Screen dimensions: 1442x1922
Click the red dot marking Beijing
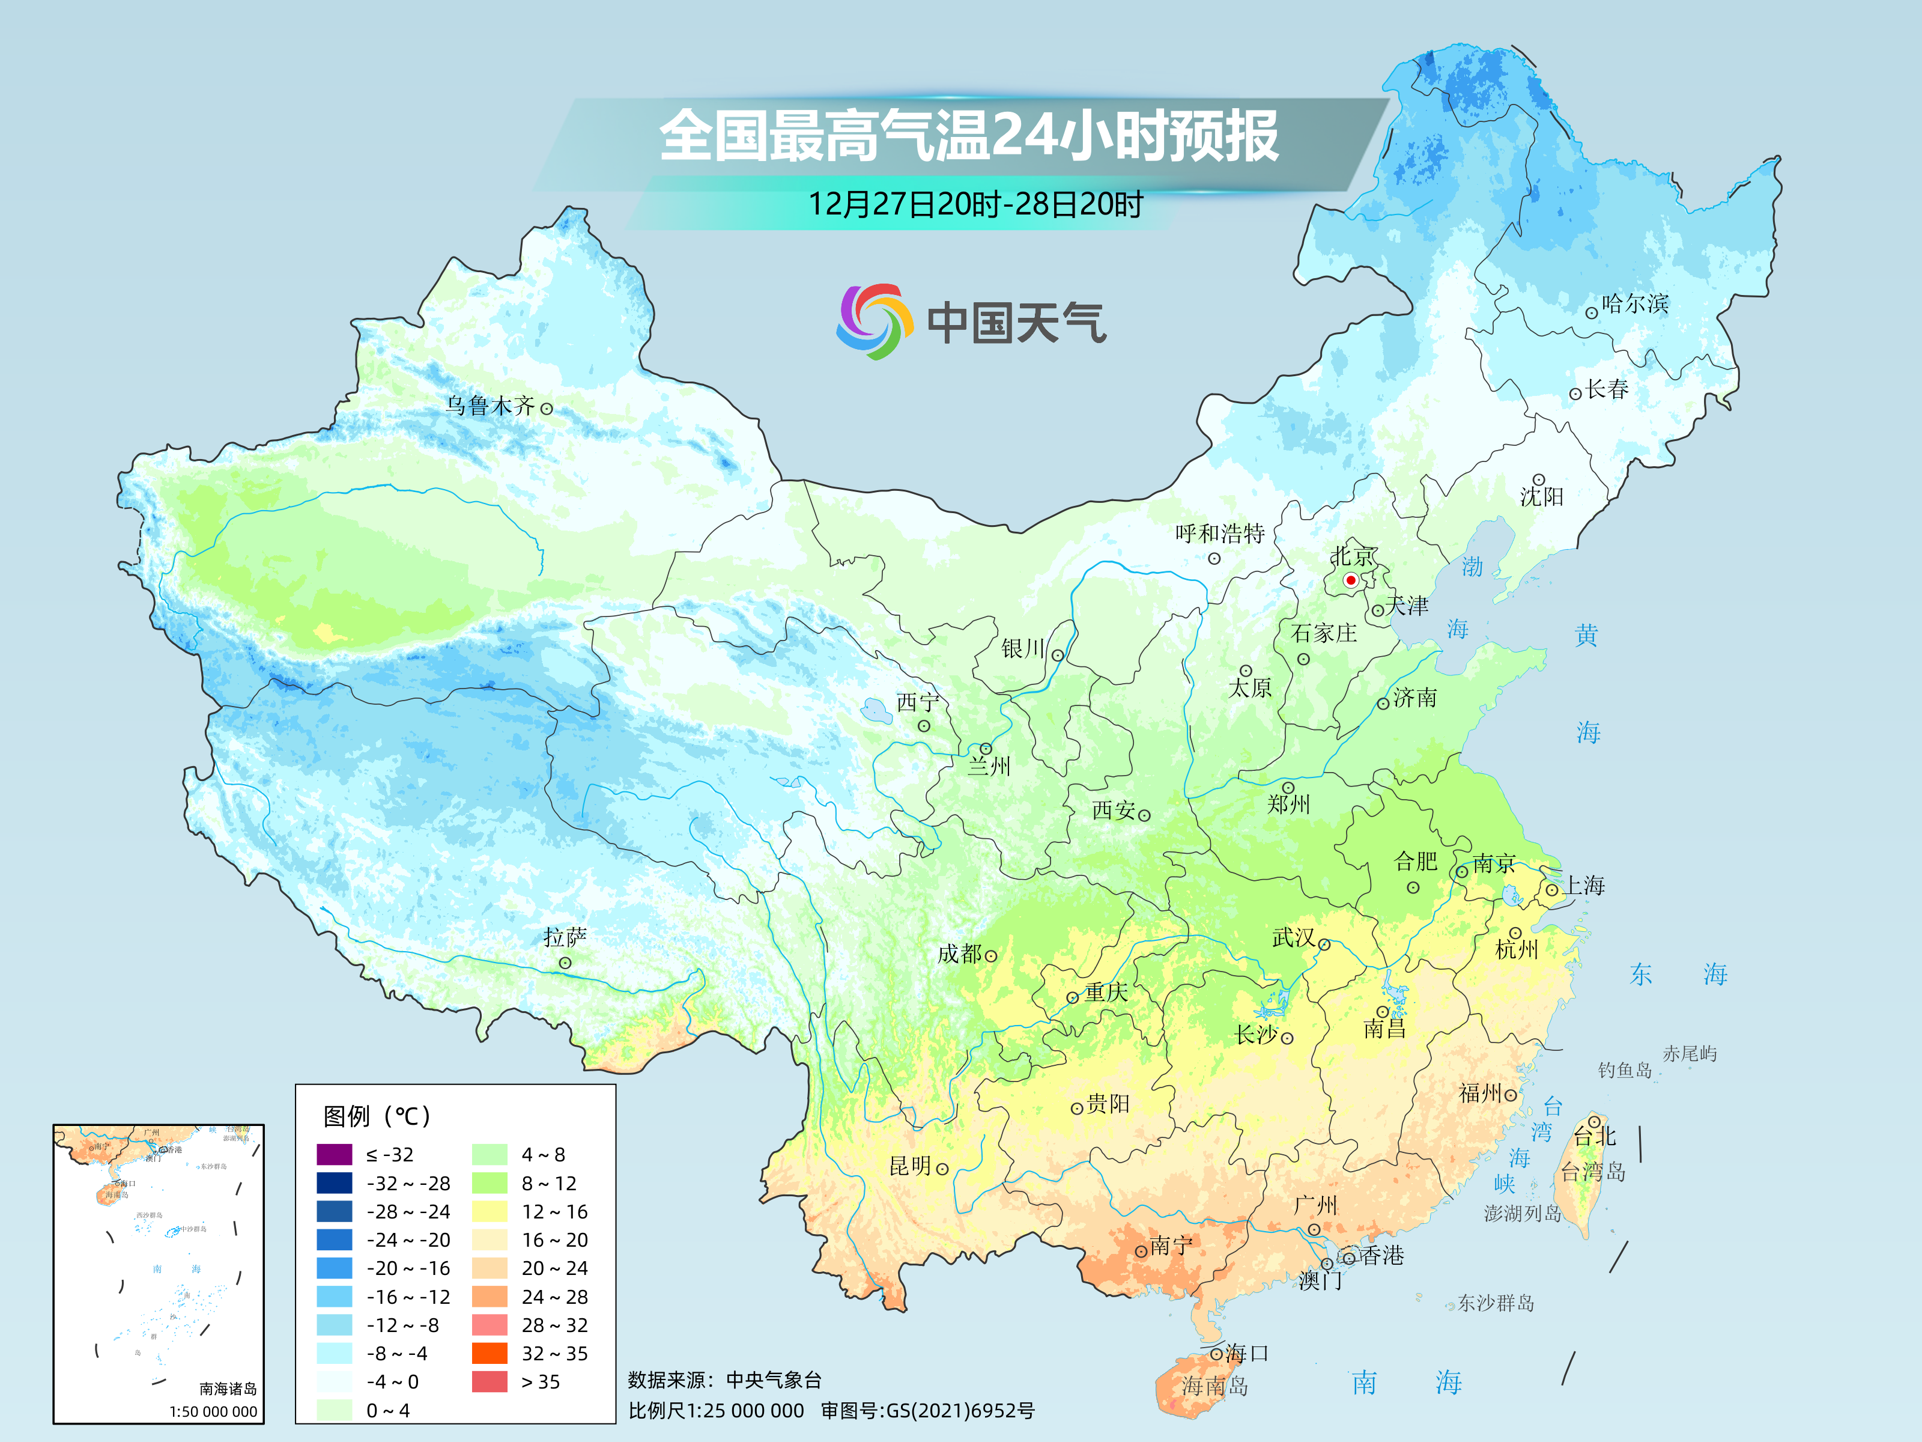1350,580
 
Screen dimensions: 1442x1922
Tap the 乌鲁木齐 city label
490,406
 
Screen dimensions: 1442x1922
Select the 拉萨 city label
565,937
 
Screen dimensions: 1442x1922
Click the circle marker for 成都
990,956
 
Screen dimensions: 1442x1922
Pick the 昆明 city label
910,1166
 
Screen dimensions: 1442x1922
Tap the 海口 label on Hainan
1247,1353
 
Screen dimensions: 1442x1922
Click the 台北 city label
1595,1136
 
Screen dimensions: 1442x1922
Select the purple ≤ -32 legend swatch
335,1154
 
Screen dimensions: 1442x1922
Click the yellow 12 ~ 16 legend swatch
489,1211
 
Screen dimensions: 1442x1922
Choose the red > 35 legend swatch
489,1381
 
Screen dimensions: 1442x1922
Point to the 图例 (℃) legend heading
376,1116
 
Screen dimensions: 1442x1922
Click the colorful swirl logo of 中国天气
874,321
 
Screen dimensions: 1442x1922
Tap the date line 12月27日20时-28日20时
975,204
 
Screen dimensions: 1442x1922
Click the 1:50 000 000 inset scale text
213,1411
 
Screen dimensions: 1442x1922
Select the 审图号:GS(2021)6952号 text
927,1411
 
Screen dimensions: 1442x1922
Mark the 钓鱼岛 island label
1624,1070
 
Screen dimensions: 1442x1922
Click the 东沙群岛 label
1496,1303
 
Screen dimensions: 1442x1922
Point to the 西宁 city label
918,702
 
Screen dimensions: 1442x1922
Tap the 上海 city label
1584,886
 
